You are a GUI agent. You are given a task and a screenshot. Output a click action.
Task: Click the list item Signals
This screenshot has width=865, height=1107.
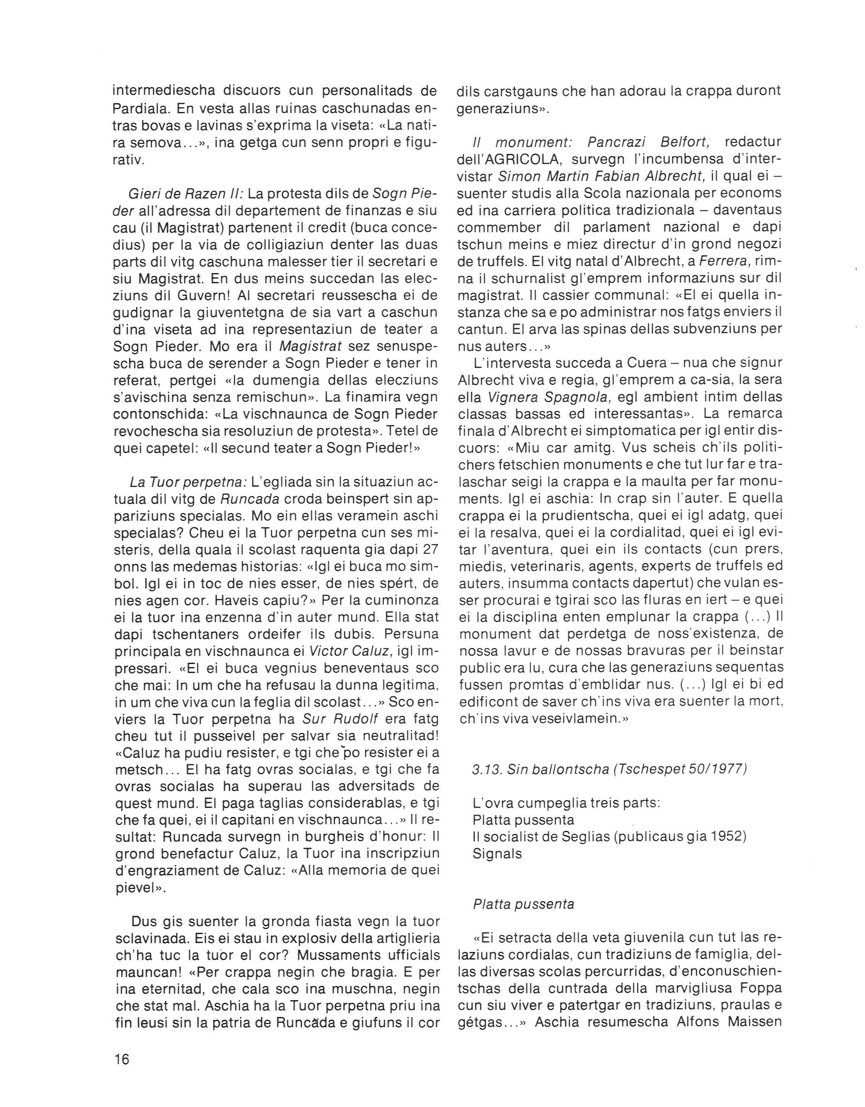tap(497, 853)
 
